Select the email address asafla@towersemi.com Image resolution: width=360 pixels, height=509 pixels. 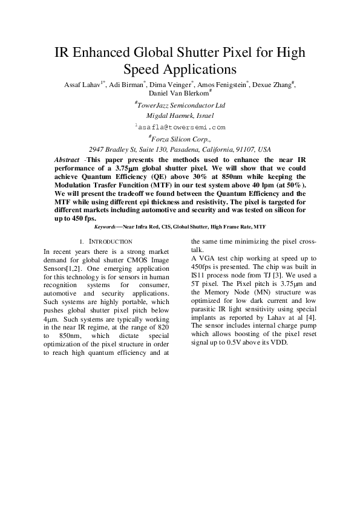click(x=180, y=127)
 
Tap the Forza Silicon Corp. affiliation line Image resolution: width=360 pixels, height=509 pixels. click(x=180, y=138)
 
